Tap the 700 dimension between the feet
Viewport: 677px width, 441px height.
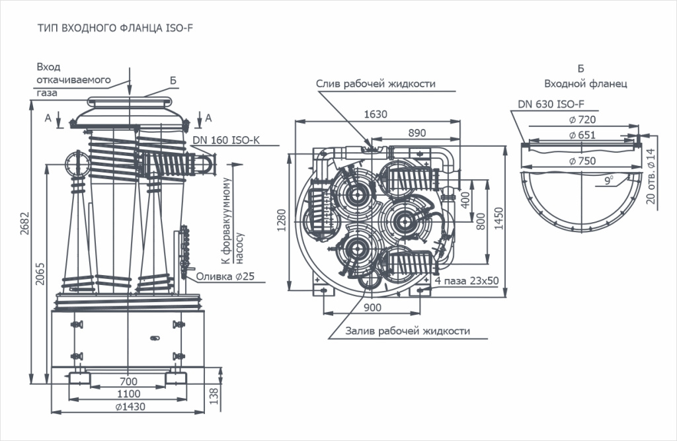(x=128, y=381)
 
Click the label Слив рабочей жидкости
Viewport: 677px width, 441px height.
(x=375, y=84)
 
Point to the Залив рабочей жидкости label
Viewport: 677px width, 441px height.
(x=407, y=331)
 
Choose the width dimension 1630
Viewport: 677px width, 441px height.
(x=376, y=114)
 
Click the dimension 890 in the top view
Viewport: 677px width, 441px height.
(x=417, y=132)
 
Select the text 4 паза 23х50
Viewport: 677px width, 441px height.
(x=467, y=281)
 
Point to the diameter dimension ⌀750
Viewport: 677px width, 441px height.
(x=582, y=161)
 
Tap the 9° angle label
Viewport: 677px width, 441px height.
(x=607, y=179)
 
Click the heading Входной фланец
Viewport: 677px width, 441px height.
(x=585, y=84)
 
